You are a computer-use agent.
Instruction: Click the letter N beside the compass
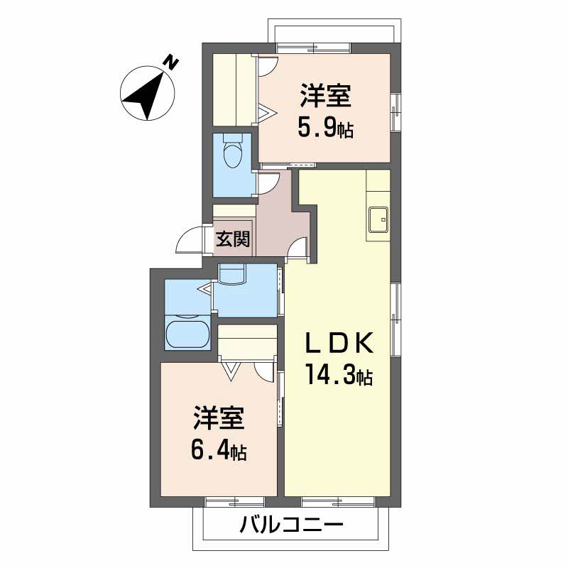pyautogui.click(x=171, y=62)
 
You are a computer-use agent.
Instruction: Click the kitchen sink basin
pyautogui.click(x=378, y=219)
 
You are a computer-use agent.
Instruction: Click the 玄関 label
pyautogui.click(x=233, y=239)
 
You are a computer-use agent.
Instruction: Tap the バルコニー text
pyautogui.click(x=292, y=525)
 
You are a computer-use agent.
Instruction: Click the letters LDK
pyautogui.click(x=339, y=344)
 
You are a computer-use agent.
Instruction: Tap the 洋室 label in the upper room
pyautogui.click(x=325, y=95)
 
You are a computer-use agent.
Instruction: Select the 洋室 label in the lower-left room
pyautogui.click(x=219, y=418)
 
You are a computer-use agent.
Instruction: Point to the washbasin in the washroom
pyautogui.click(x=232, y=273)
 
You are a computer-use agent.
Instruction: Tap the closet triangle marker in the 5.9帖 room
pyautogui.click(x=268, y=114)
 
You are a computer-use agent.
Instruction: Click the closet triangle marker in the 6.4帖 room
pyautogui.click(x=231, y=371)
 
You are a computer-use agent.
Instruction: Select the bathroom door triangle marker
pyautogui.click(x=205, y=289)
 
